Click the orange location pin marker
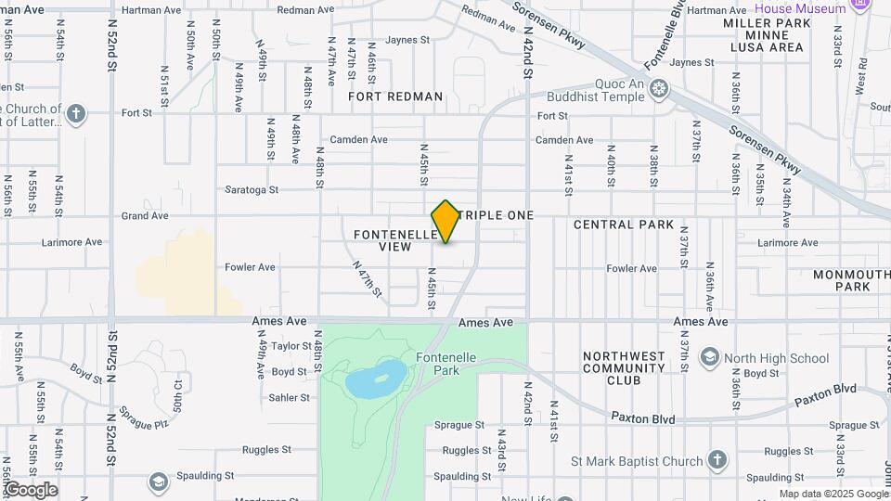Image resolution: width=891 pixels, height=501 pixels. pyautogui.click(x=446, y=221)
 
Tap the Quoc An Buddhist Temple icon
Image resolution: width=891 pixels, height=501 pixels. pyautogui.click(x=659, y=89)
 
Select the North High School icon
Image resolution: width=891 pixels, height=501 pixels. pyautogui.click(x=710, y=358)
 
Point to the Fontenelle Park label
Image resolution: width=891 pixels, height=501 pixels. pyautogui.click(x=438, y=364)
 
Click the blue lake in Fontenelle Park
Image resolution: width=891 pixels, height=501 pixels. pyautogui.click(x=376, y=379)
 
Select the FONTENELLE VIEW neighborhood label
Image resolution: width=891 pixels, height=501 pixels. pyautogui.click(x=394, y=241)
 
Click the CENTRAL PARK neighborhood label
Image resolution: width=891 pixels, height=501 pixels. pyautogui.click(x=624, y=225)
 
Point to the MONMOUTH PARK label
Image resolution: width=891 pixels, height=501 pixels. pyautogui.click(x=851, y=280)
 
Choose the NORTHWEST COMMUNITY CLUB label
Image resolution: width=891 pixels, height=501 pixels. pyautogui.click(x=624, y=367)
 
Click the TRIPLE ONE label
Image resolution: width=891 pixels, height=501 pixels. pyautogui.click(x=498, y=215)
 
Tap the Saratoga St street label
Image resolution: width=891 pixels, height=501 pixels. pyautogui.click(x=252, y=190)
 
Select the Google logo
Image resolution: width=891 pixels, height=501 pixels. pyautogui.click(x=30, y=490)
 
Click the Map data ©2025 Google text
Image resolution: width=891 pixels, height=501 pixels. pyautogui.click(x=833, y=494)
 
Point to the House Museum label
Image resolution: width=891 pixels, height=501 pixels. pyautogui.click(x=800, y=8)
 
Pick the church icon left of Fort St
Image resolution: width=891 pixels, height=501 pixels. pyautogui.click(x=76, y=114)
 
